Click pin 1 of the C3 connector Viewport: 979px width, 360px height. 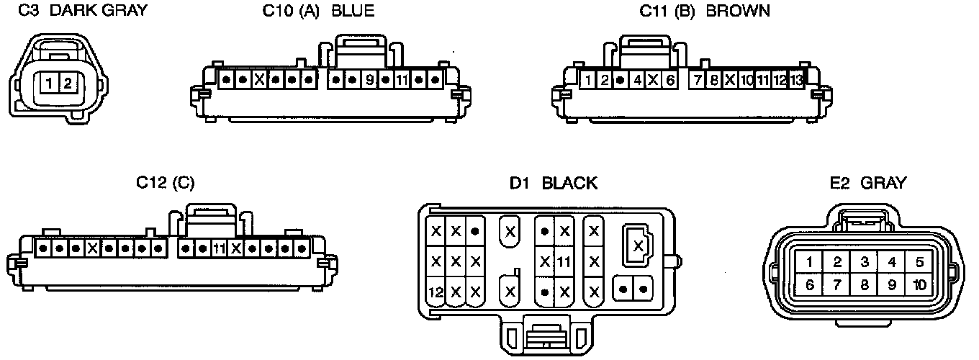[x=48, y=83]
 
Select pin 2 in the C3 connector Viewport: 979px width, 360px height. [x=66, y=83]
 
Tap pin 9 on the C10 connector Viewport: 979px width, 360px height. [x=369, y=78]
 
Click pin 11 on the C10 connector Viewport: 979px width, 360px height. [x=402, y=78]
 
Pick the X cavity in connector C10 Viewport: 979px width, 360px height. [x=260, y=78]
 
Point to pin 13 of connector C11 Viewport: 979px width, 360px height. [x=796, y=79]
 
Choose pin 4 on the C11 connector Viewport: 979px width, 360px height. [x=637, y=79]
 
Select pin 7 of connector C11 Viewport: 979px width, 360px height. [x=697, y=79]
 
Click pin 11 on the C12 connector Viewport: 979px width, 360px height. [x=220, y=248]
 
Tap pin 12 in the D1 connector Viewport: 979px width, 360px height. [x=436, y=292]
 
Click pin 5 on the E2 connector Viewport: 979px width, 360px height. [x=919, y=262]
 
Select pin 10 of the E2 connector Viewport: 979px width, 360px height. [x=919, y=285]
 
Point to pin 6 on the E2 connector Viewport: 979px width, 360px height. [x=810, y=285]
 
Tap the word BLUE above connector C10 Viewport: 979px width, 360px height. [x=352, y=11]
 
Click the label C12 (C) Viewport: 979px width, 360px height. [x=165, y=183]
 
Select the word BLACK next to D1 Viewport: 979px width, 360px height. [x=569, y=183]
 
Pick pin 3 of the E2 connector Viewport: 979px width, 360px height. [x=865, y=262]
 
